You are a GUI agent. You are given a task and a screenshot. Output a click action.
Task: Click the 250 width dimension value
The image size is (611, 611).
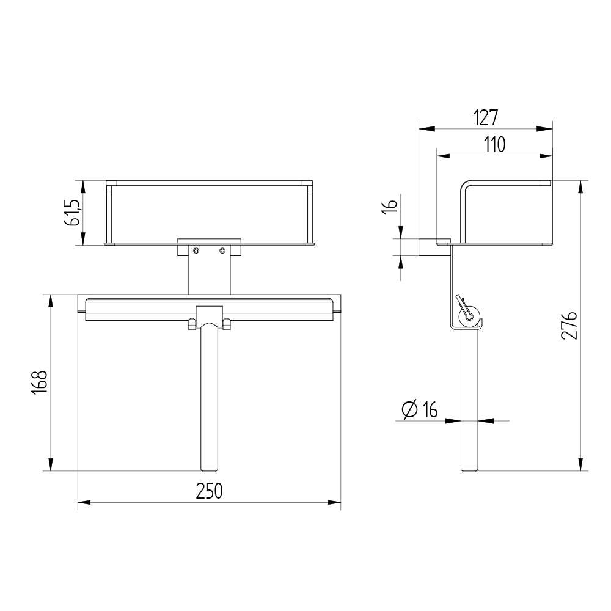(x=209, y=491)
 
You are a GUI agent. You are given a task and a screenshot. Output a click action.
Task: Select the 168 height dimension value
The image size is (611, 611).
(x=40, y=382)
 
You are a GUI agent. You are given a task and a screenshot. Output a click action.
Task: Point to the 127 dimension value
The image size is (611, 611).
(x=486, y=118)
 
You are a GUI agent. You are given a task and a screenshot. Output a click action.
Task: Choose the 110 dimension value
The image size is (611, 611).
(x=494, y=145)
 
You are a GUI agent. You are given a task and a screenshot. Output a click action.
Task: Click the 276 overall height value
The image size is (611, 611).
(x=569, y=326)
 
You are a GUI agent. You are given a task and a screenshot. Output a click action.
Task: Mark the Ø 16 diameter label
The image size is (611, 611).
(x=420, y=409)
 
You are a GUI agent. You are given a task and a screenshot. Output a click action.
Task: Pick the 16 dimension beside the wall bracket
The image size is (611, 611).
(x=390, y=205)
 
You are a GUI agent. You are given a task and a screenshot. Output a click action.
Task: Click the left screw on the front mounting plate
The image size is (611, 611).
(x=196, y=250)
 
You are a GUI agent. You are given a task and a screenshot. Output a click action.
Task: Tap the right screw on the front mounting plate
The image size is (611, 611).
(x=222, y=250)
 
